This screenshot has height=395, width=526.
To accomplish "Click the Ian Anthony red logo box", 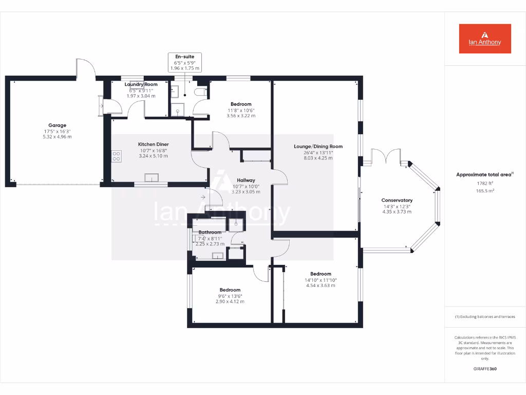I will pyautogui.click(x=485, y=39).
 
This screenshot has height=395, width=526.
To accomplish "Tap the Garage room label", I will pyautogui.click(x=58, y=125).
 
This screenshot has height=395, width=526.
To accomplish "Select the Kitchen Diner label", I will pyautogui.click(x=153, y=145).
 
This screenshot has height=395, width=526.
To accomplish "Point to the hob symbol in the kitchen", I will pyautogui.click(x=117, y=156).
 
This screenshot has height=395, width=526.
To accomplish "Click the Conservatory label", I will pyautogui.click(x=397, y=200).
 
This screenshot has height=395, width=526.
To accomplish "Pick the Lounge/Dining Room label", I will pyautogui.click(x=318, y=147).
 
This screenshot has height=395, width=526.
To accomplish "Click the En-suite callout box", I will pyautogui.click(x=185, y=62).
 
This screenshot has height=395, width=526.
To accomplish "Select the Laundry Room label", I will pyautogui.click(x=141, y=84).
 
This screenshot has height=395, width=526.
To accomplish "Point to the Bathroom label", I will pyautogui.click(x=210, y=232).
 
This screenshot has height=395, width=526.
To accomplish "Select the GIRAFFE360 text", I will pyautogui.click(x=484, y=369).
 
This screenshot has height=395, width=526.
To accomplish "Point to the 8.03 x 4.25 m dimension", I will pyautogui.click(x=318, y=158).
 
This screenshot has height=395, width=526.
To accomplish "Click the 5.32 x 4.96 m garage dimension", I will pyautogui.click(x=58, y=137).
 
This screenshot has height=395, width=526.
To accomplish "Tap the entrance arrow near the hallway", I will pyautogui.click(x=203, y=196).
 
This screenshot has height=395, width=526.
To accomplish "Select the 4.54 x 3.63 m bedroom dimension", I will pyautogui.click(x=321, y=285).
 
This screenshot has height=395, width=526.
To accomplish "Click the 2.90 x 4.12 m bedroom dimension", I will pyautogui.click(x=230, y=301).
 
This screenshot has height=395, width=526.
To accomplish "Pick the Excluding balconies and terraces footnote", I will pyautogui.click(x=484, y=317).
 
